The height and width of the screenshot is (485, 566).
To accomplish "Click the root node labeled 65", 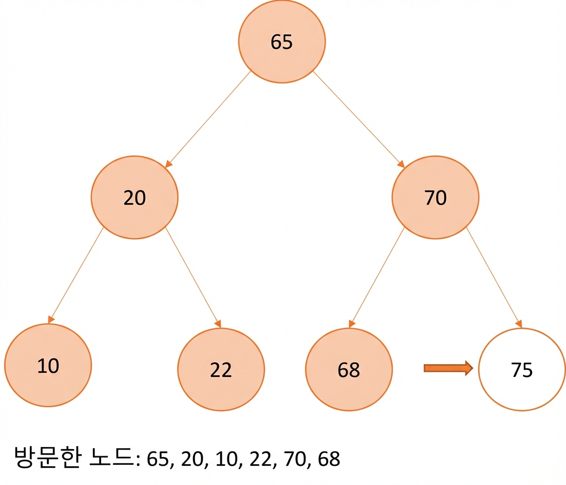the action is [281, 41].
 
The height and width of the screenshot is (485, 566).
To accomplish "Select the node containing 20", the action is [134, 198].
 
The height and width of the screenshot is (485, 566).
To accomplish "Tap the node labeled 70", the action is [435, 198].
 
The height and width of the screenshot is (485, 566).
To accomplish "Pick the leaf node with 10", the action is [48, 365].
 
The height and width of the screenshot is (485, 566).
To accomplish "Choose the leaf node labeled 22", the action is [221, 369].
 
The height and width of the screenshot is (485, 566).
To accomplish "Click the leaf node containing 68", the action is [349, 369].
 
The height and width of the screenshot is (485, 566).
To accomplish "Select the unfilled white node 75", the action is [522, 369].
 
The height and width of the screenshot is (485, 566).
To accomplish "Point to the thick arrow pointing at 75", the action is [448, 368].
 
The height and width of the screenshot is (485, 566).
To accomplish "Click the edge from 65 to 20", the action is [208, 119].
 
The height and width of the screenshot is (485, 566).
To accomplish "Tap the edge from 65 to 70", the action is [358, 119].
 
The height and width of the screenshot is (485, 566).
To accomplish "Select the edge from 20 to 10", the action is [75, 275].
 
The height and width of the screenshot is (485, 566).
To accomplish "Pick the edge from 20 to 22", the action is [193, 277].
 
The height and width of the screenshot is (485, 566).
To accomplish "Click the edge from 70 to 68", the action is [376, 277].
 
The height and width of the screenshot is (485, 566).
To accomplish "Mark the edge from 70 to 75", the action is [494, 277].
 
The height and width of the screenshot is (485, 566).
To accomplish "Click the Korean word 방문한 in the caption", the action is [48, 457].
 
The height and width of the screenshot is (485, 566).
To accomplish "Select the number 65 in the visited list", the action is [158, 459].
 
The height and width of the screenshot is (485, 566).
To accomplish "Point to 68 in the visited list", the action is [329, 459].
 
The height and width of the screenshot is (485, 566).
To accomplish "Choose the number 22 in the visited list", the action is [260, 459].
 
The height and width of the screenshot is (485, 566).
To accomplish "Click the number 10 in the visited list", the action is [226, 459].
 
